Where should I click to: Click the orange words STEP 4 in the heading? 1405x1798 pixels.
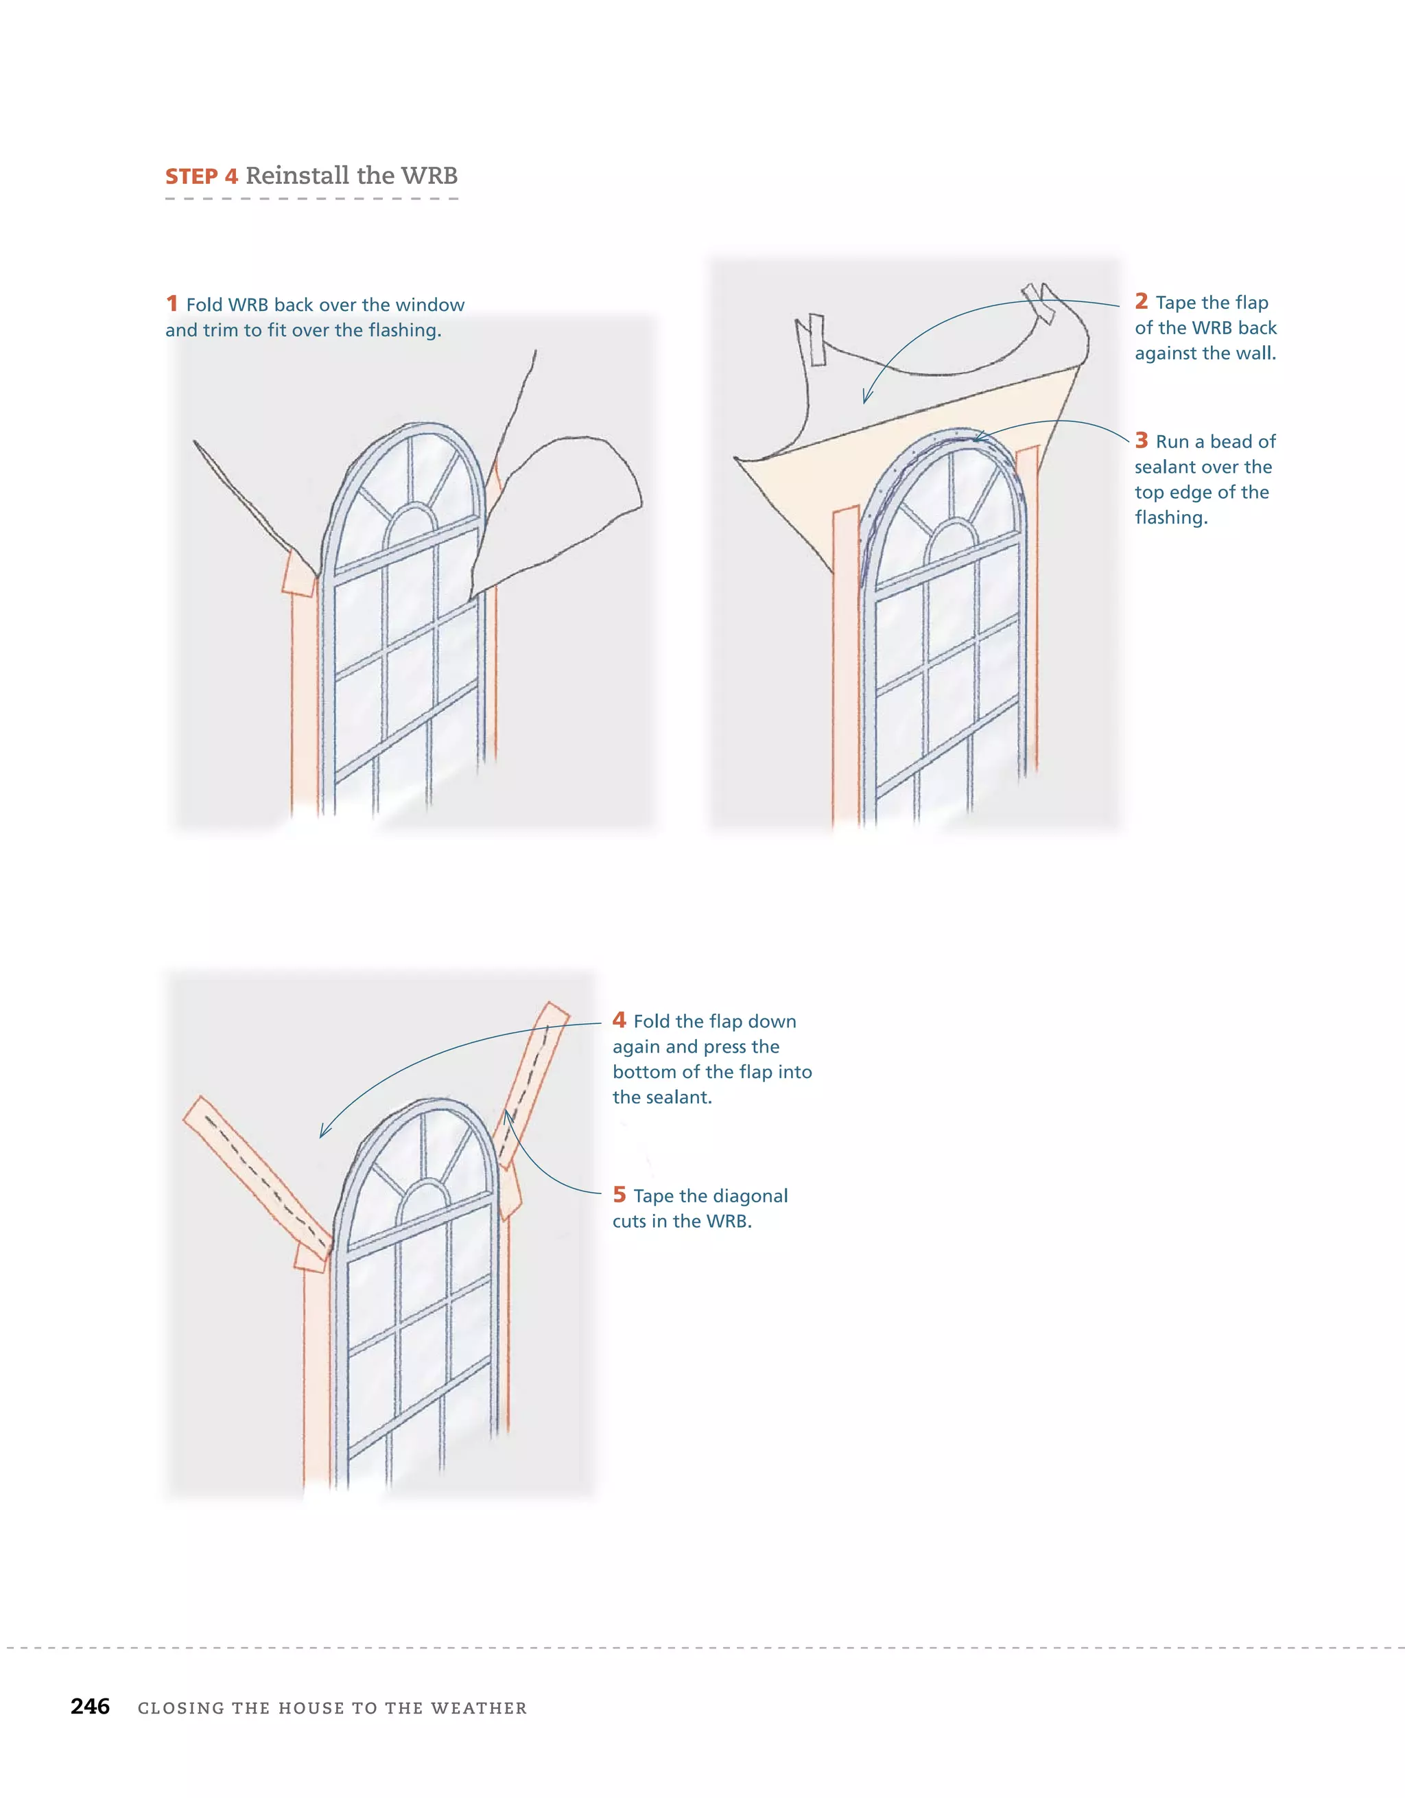[x=202, y=176]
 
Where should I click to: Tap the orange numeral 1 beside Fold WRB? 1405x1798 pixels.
[x=172, y=304]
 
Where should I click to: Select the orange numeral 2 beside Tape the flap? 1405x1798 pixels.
[x=1141, y=301]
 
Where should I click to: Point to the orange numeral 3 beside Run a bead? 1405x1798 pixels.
[x=1141, y=441]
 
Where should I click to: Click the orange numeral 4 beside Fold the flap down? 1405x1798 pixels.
[x=619, y=1020]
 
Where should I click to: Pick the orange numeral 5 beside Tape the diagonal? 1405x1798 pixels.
[x=619, y=1195]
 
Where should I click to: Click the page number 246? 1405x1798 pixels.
[x=90, y=1706]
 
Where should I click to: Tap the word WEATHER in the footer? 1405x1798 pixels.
[x=479, y=1708]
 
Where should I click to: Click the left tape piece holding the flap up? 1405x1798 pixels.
[x=816, y=338]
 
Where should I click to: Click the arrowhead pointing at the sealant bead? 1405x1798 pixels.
[x=978, y=437]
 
